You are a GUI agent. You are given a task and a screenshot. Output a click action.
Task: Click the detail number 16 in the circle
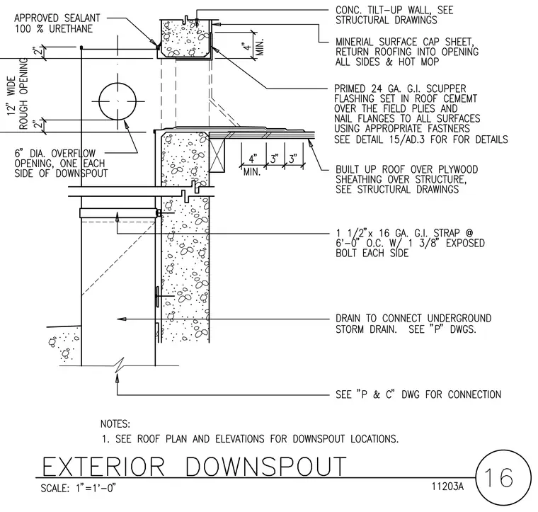[x=498, y=477]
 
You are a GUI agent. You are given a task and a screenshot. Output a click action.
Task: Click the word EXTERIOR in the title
[x=103, y=467]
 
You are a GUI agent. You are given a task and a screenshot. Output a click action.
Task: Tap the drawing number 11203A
[x=447, y=487]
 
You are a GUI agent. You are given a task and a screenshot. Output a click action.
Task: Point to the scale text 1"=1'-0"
[x=96, y=488]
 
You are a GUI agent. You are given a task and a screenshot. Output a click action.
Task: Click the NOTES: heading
[x=115, y=424]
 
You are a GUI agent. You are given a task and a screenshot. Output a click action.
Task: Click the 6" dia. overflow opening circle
[x=118, y=83]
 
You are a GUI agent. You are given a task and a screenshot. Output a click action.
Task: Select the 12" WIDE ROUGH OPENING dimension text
[x=18, y=93]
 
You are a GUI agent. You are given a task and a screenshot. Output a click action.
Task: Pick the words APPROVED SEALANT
[x=57, y=18]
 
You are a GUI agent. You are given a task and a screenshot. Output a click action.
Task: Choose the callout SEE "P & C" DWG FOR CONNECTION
[x=418, y=394]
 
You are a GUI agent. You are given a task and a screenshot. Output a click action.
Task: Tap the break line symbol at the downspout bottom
[x=119, y=365]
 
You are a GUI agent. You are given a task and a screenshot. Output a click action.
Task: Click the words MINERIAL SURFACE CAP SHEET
[x=404, y=42]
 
